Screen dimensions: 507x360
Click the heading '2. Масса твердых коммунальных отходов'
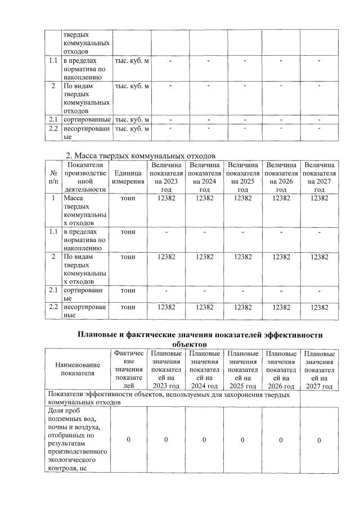(x=141, y=155)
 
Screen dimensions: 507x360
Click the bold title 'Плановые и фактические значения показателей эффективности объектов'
(x=200, y=339)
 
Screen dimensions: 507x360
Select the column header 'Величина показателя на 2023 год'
(x=166, y=177)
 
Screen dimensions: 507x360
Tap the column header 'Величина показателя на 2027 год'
(x=319, y=177)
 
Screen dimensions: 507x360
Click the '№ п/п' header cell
(x=53, y=177)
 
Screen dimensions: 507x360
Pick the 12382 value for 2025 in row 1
(x=243, y=199)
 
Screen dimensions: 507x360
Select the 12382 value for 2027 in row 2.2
(x=319, y=307)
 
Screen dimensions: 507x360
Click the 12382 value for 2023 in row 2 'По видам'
(x=166, y=257)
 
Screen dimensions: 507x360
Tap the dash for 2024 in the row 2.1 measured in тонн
(x=205, y=290)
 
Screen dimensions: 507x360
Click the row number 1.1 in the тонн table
(x=53, y=231)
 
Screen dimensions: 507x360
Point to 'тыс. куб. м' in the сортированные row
(x=132, y=119)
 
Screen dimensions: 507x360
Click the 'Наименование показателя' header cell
(x=78, y=369)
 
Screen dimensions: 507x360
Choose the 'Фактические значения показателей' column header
(x=128, y=369)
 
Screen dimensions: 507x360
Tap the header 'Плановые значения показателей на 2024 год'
(x=204, y=369)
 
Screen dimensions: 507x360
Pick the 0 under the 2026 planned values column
(x=281, y=440)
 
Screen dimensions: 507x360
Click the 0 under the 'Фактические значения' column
(x=128, y=440)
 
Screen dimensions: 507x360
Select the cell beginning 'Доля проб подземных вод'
(x=78, y=440)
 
